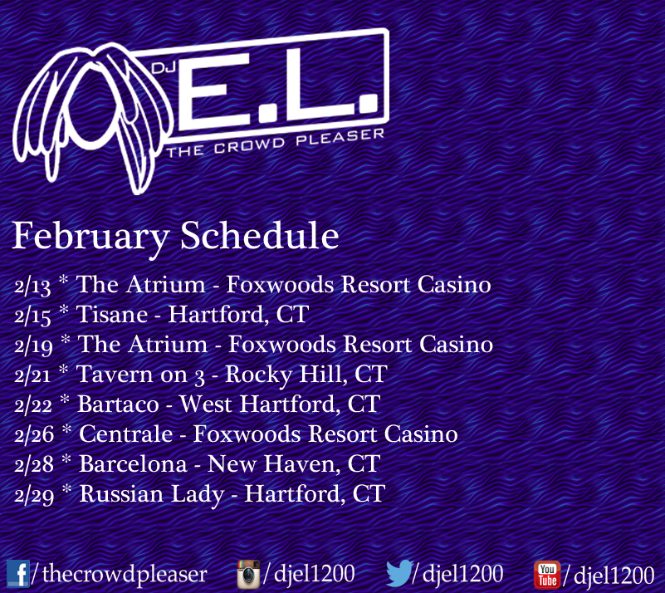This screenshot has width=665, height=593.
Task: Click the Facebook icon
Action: tap(18, 574)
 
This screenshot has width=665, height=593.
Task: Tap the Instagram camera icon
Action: tap(248, 574)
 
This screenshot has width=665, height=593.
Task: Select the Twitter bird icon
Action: tap(399, 572)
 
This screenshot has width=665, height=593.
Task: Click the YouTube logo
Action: tap(547, 575)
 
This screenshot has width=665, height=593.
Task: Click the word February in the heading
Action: tap(90, 236)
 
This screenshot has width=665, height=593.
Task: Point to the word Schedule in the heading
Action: tap(260, 235)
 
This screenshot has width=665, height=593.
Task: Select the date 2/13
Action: tap(32, 286)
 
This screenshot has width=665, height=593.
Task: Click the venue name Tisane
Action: tap(112, 314)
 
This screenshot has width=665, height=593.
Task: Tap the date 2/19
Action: tap(33, 346)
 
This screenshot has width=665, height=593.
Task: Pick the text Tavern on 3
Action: tap(140, 375)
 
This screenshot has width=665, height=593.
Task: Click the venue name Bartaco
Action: tap(119, 404)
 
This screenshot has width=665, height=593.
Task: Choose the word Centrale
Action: tap(126, 434)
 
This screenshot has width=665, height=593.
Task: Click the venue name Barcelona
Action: tap(133, 463)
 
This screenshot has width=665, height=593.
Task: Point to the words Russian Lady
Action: tap(151, 495)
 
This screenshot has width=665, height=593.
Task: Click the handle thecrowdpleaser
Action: tap(125, 574)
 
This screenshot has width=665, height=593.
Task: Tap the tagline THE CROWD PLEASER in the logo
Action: tap(276, 143)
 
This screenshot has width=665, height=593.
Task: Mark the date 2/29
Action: tap(34, 496)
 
